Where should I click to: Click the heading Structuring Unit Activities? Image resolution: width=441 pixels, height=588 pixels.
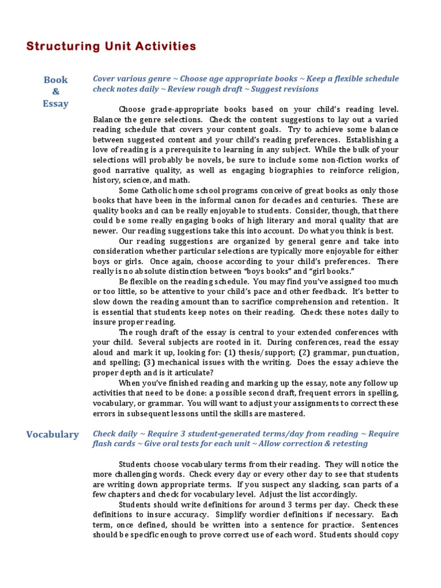(x=111, y=47)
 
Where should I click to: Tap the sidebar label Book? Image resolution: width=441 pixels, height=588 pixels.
(x=56, y=80)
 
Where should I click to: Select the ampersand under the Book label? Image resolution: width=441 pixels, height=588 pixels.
(x=56, y=92)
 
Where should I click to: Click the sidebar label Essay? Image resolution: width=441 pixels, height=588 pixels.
(x=56, y=104)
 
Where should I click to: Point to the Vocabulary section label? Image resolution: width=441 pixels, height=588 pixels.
(x=53, y=434)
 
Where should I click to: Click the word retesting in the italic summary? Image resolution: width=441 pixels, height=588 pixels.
(x=346, y=444)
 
